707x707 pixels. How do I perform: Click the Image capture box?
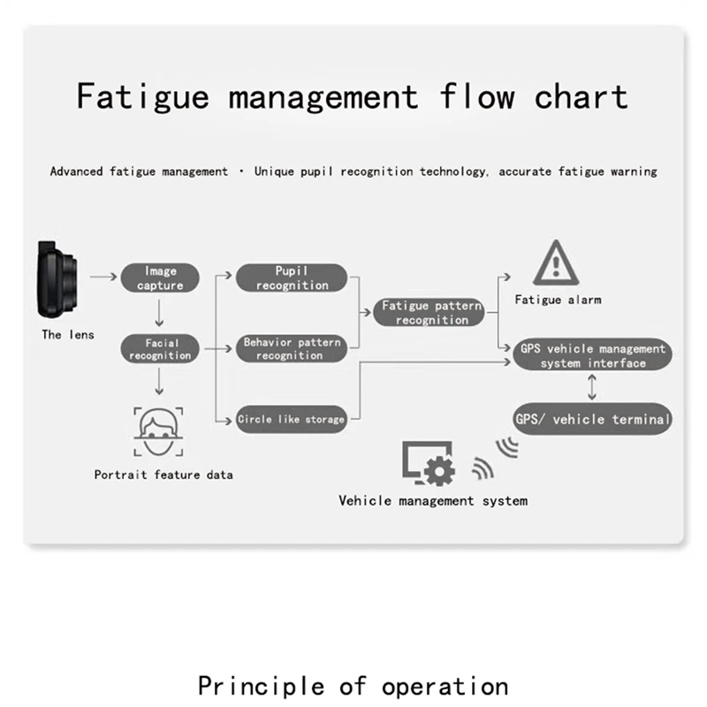pos(160,278)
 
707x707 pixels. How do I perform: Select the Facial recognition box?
pos(160,349)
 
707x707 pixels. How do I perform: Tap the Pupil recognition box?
pos(292,278)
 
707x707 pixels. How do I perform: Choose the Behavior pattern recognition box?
pos(292,349)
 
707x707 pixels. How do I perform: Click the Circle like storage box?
pos(291,420)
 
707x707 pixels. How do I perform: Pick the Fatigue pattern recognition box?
pos(431,313)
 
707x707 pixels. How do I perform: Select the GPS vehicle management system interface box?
pos(593,356)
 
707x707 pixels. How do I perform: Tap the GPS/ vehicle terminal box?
pos(593,419)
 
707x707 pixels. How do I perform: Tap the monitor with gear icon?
pos(428,462)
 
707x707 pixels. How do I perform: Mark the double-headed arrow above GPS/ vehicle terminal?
pos(593,387)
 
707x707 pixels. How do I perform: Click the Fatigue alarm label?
pos(558,300)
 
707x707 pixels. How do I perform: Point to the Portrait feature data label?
pos(163,475)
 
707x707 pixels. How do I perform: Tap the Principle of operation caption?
pos(353,685)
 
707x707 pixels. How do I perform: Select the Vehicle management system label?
pos(433,501)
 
